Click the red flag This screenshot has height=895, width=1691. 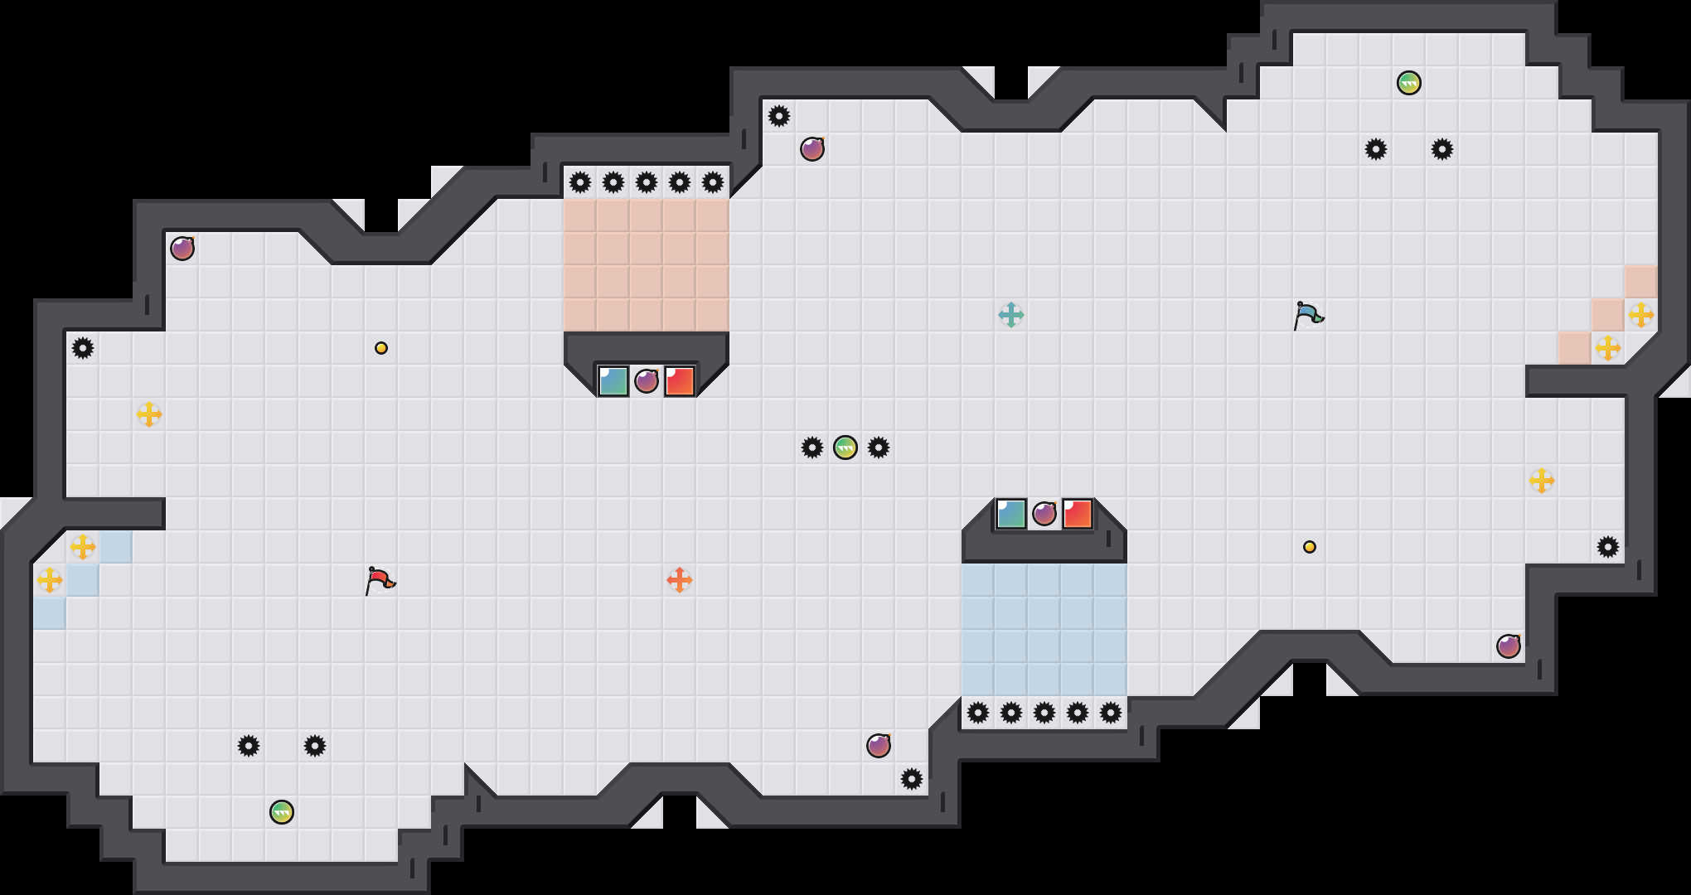380,579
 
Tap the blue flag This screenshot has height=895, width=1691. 1308,315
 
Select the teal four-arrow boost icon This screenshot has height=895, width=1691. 1010,315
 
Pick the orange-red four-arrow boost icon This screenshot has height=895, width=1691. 679,580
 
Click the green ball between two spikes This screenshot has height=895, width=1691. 845,447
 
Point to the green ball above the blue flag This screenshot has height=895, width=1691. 1408,83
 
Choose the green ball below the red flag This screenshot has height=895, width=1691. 281,812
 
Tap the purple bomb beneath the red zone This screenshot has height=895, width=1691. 646,381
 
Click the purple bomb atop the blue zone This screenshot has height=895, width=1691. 1044,514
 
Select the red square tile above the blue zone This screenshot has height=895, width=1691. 1077,514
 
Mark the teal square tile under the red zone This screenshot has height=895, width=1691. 613,381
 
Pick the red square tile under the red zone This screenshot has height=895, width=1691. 679,381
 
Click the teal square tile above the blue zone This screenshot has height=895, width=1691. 1010,514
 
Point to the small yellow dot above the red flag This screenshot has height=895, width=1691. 380,348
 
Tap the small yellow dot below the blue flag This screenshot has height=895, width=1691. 1309,547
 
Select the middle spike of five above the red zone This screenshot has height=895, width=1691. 646,182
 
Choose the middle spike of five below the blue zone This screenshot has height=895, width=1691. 1044,713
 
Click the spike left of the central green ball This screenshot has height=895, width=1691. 812,447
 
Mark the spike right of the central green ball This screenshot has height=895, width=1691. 878,447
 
